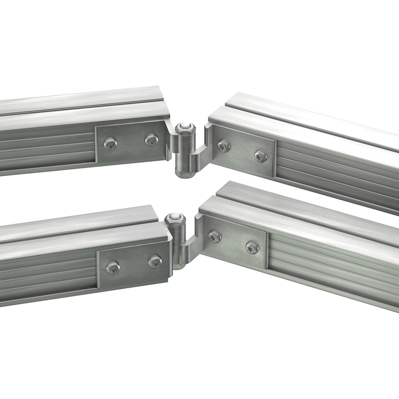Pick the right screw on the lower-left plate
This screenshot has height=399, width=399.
(x=155, y=262)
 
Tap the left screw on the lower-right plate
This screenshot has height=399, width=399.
(x=214, y=235)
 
